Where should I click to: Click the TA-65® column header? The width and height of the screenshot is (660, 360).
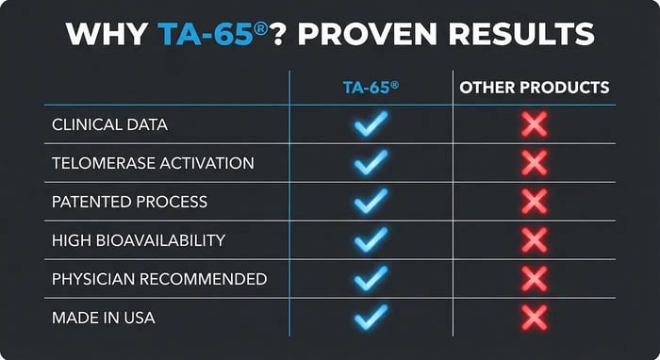click(370, 88)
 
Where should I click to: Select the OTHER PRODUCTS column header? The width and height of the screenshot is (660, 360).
click(534, 88)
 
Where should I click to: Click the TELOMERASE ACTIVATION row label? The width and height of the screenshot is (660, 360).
click(153, 163)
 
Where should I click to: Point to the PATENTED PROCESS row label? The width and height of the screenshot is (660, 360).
click(129, 202)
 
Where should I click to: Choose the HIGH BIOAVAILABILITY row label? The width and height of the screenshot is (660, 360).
click(138, 240)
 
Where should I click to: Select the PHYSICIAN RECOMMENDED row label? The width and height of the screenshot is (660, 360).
click(158, 279)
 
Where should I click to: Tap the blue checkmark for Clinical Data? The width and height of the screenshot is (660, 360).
click(371, 124)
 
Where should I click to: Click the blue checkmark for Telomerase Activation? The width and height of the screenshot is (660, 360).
click(371, 163)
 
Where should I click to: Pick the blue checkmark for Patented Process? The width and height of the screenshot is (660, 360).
click(371, 202)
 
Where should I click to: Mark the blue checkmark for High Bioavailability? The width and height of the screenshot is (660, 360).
click(371, 240)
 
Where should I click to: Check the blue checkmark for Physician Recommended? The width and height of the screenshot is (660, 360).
click(371, 279)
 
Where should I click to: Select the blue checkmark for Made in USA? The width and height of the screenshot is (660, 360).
click(371, 318)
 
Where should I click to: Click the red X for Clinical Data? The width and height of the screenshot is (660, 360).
click(534, 124)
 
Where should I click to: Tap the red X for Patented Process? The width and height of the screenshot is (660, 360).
click(534, 202)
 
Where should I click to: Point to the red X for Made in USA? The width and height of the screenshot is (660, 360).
click(534, 318)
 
